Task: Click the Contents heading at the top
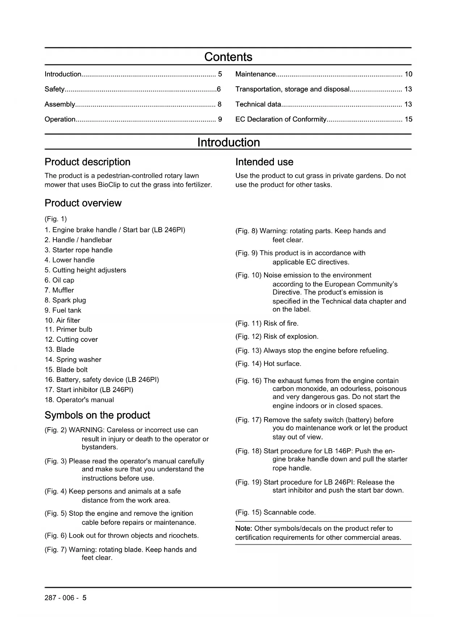228,57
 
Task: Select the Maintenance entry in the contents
255,74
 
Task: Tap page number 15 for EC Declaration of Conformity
408,119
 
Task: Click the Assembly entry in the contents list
60,104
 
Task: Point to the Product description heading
87,162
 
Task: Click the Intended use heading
264,162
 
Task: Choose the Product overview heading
83,203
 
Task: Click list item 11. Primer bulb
68,329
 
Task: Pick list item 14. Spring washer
73,359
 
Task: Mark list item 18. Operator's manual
79,400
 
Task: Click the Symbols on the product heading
97,415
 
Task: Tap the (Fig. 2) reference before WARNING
56,430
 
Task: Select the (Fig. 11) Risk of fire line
267,323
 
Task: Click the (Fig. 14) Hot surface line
268,363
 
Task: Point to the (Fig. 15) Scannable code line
275,512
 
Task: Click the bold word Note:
244,529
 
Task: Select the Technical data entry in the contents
258,104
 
